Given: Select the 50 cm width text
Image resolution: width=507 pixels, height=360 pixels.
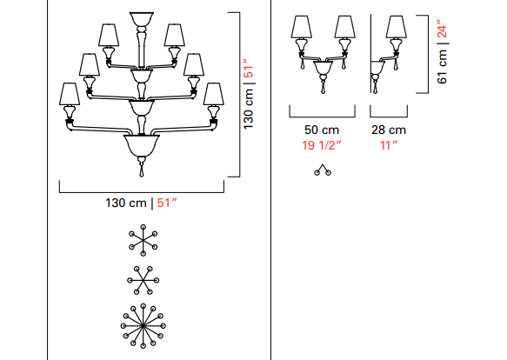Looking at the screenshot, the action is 322,130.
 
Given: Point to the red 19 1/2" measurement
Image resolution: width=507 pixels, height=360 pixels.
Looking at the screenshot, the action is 322,145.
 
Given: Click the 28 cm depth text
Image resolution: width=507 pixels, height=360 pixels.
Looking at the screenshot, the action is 389,130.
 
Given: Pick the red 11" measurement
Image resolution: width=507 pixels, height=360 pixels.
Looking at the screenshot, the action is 389,145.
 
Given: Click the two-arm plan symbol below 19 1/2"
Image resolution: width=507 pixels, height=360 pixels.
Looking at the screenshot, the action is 323,170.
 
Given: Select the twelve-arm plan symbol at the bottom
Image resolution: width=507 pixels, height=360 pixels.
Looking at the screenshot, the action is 143,326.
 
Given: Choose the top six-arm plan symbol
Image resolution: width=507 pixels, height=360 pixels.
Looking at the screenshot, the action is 143,240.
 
